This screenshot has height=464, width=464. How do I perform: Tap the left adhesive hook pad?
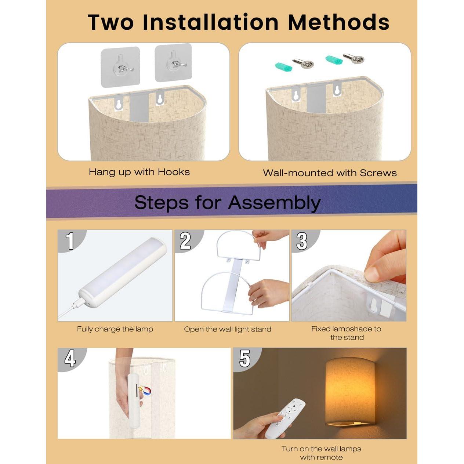(x=120, y=67)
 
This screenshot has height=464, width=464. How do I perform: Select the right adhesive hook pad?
(x=173, y=63)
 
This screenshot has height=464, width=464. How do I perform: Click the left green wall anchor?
(x=283, y=66)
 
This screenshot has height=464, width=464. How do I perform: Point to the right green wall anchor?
(x=334, y=59)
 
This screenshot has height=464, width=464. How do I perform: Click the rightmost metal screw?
(x=353, y=58)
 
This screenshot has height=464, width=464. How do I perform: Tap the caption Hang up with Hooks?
(x=139, y=172)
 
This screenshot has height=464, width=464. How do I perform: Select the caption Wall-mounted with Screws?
(x=330, y=173)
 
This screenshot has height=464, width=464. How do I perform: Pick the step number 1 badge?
(x=70, y=241)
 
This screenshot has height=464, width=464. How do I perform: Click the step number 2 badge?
(x=185, y=241)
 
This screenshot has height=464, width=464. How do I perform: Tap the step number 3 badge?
(x=302, y=241)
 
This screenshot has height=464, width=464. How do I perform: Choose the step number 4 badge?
(x=70, y=358)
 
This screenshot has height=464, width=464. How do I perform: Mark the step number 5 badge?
(x=245, y=358)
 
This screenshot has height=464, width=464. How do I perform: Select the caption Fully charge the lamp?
(x=115, y=329)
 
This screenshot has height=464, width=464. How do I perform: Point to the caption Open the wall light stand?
(x=228, y=329)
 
